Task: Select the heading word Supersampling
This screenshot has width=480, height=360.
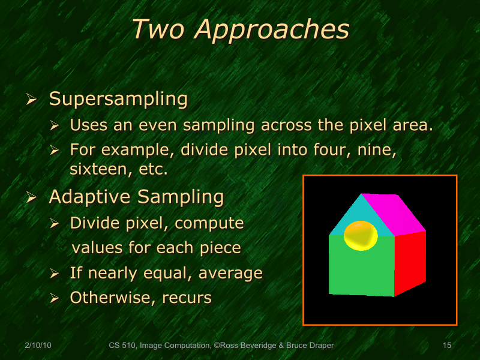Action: [x=118, y=98]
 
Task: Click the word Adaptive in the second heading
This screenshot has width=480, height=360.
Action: [x=92, y=196]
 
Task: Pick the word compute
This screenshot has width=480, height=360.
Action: [x=209, y=223]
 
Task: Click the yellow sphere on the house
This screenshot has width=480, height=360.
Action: [x=360, y=235]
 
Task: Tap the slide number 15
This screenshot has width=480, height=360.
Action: [x=446, y=346]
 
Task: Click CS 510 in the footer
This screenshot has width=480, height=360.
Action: [x=122, y=346]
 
